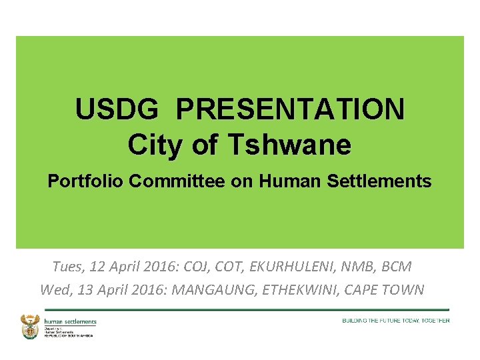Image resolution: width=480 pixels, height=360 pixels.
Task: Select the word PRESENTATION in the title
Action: coord(290,109)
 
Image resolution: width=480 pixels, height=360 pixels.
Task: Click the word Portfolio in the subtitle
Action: coord(85,181)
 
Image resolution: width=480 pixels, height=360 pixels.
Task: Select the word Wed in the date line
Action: coord(53,290)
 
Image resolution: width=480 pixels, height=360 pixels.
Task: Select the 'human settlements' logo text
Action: coord(70,322)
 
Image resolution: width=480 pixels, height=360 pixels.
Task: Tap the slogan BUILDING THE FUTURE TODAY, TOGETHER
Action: coord(395,321)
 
